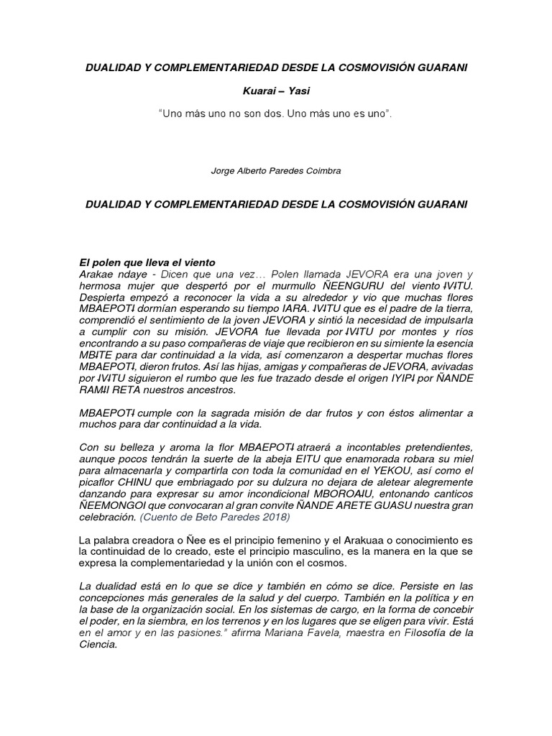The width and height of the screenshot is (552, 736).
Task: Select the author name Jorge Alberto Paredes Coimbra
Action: pyautogui.click(x=275, y=172)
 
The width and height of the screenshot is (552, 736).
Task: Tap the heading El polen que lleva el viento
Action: pyautogui.click(x=147, y=263)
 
